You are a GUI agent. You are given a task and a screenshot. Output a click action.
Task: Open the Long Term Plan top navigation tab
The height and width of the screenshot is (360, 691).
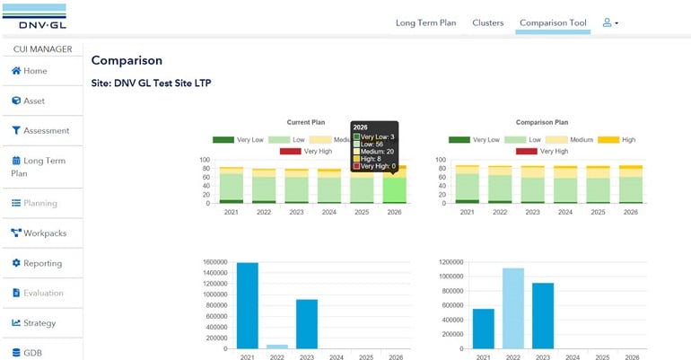click(x=425, y=22)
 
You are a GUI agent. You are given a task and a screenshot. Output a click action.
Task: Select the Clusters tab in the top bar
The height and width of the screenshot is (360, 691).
click(x=488, y=22)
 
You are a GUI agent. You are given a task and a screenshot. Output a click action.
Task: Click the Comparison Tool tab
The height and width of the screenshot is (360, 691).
click(x=553, y=22)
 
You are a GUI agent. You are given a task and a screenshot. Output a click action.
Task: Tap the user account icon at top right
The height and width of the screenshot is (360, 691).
click(x=610, y=22)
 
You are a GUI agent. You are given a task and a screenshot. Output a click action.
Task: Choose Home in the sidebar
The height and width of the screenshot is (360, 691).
click(x=35, y=71)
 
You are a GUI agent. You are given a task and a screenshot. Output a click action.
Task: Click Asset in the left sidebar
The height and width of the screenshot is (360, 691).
click(x=33, y=101)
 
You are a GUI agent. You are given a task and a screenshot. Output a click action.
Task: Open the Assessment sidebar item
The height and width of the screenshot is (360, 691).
click(x=45, y=130)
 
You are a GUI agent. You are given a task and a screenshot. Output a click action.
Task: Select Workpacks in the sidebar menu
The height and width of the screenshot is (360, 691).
click(x=44, y=233)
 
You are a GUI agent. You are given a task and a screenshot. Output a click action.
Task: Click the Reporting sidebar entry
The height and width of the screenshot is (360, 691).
click(x=42, y=263)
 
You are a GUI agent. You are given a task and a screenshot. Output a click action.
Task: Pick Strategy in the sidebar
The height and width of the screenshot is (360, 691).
click(x=39, y=323)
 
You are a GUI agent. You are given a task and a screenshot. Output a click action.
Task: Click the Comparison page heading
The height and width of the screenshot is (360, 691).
click(x=127, y=61)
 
